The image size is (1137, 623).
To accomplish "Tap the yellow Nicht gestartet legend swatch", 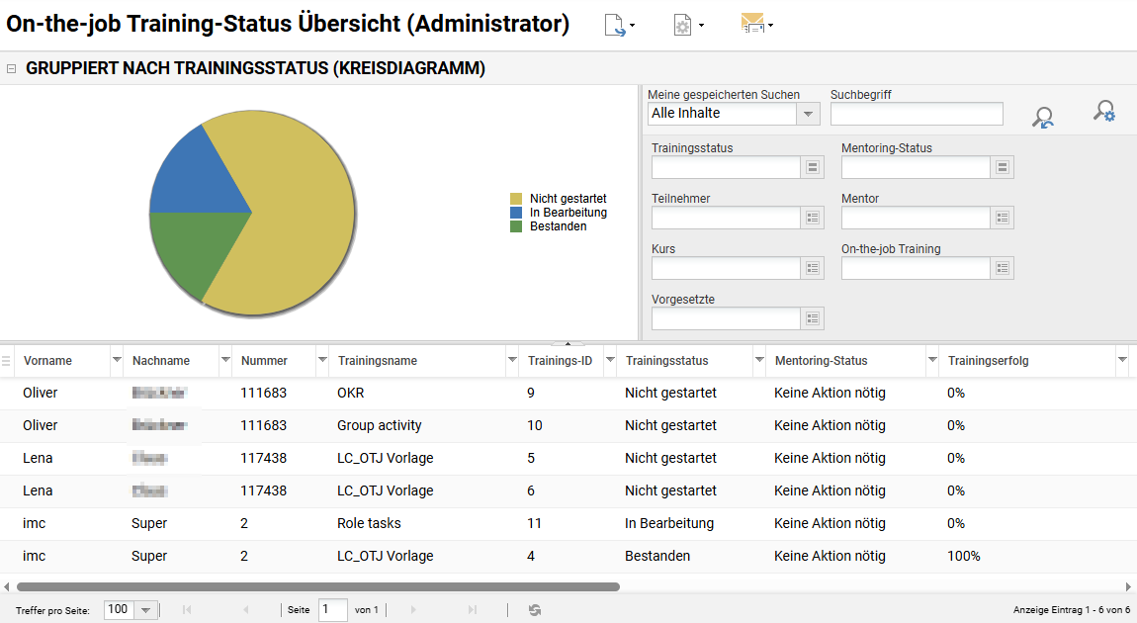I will (x=515, y=199).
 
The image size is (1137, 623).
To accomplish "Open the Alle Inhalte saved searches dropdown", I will (x=809, y=114).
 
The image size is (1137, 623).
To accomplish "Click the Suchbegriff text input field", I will (x=917, y=114).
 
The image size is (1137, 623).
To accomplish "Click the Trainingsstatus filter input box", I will (x=726, y=167).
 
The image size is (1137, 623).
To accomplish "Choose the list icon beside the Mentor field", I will (x=1003, y=218).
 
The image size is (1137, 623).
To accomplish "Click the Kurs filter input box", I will (x=726, y=268).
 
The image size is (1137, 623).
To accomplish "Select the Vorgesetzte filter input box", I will (x=726, y=318).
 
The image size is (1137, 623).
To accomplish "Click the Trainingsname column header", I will (x=378, y=361).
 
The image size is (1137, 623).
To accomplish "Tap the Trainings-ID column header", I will (x=560, y=361).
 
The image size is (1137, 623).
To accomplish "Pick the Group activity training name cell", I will (x=380, y=425).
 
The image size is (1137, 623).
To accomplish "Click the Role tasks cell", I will (x=369, y=523).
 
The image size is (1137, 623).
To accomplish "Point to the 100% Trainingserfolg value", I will (x=964, y=556).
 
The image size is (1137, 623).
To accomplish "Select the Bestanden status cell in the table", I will (x=657, y=556).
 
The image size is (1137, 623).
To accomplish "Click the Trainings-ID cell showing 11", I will (x=535, y=523).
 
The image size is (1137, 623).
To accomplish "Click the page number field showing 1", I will (x=332, y=610).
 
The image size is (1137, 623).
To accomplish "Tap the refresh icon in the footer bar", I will (x=535, y=610).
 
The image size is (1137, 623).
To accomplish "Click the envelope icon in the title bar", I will (x=752, y=25).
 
